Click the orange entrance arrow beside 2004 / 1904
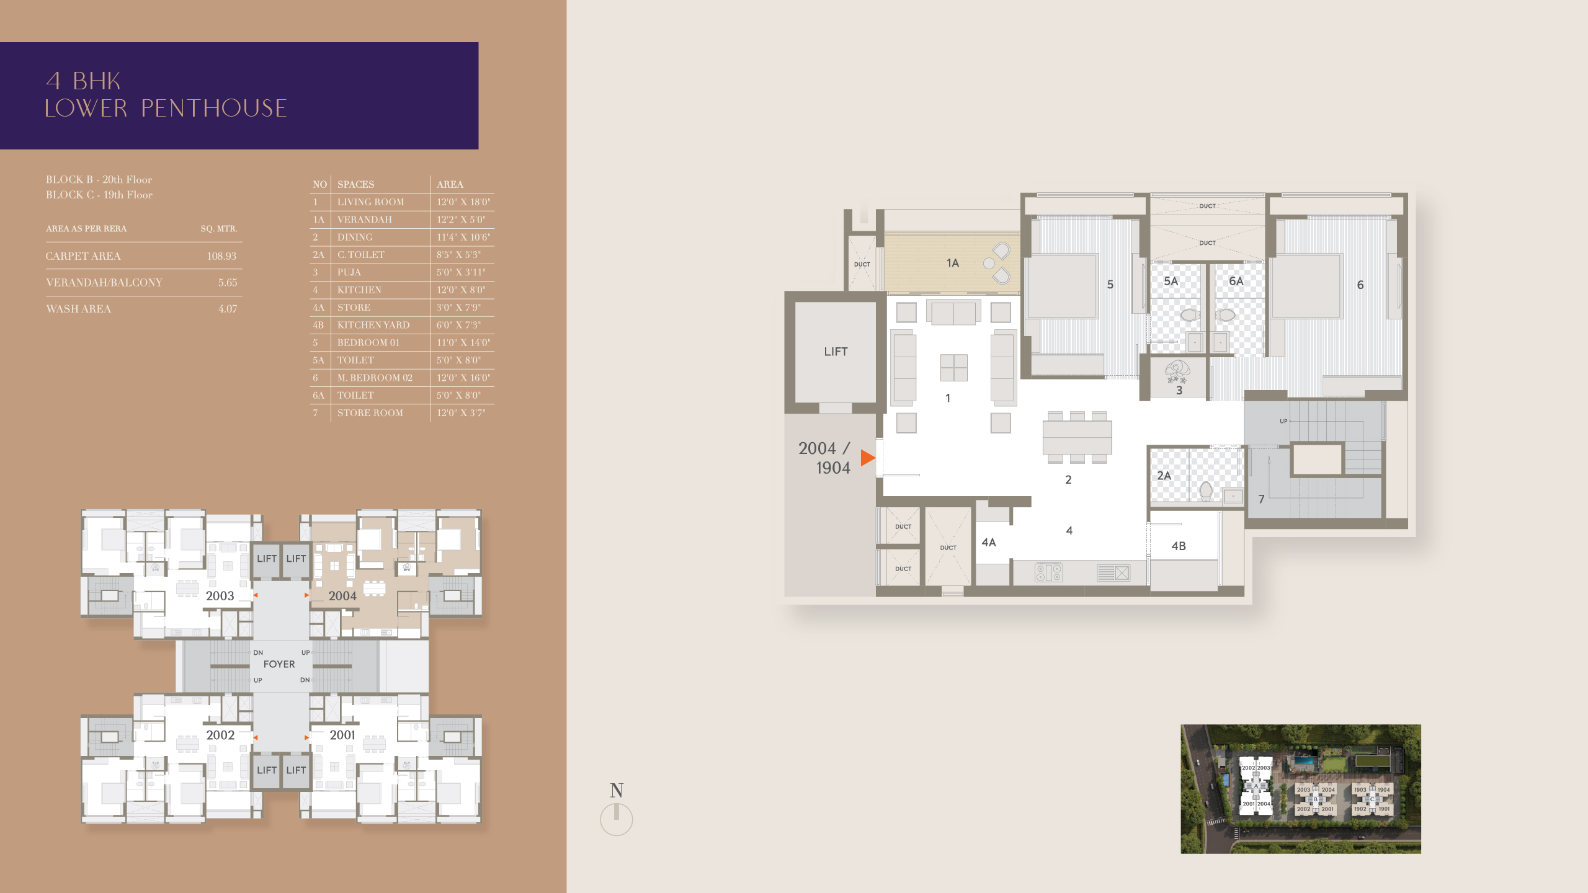pos(867,458)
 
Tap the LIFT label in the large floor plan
pos(836,352)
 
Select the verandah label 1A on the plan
pos(953,263)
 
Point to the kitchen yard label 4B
pos(1179,546)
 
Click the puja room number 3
pos(1179,391)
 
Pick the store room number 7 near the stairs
pos(1261,499)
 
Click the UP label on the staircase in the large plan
pos(1283,421)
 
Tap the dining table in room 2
pos(1077,437)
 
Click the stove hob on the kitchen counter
pos(1048,572)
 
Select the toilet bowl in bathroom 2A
pos(1206,491)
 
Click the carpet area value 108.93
pos(221,256)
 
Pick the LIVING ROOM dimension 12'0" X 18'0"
pos(463,202)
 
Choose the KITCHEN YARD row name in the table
pos(373,325)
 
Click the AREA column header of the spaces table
pos(450,184)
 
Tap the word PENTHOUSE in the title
pos(214,108)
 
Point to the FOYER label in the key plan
pos(279,664)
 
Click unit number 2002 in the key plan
pos(220,735)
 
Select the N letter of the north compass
pos(617,790)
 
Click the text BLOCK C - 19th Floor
pos(99,195)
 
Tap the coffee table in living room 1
pos(953,368)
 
